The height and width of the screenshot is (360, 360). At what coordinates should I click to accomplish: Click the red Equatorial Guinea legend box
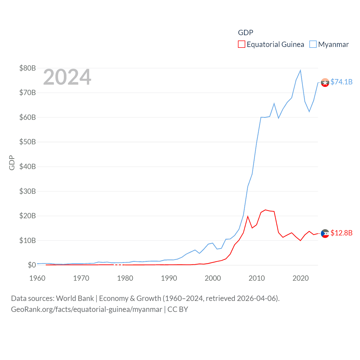tap(241, 44)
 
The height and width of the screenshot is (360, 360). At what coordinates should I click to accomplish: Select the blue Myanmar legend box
tap(313, 44)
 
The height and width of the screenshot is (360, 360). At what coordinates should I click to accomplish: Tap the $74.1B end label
tap(341, 82)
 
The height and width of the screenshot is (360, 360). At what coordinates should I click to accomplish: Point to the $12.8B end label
tap(341, 233)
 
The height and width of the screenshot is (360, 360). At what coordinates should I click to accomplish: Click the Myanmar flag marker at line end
tap(325, 83)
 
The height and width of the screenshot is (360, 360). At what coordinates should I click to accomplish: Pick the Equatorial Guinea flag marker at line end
tap(325, 233)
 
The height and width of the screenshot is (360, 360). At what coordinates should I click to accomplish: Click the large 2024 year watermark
tap(67, 77)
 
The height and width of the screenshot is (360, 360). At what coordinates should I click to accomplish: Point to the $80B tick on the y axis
tap(28, 68)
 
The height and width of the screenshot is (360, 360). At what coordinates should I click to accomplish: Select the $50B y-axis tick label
tap(28, 142)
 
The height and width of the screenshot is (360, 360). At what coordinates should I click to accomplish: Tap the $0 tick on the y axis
tap(31, 265)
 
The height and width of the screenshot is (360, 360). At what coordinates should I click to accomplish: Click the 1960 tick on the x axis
tap(37, 278)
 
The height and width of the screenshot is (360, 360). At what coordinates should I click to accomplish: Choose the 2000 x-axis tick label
tap(213, 278)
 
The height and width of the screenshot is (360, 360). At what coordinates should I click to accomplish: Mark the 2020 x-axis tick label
tap(300, 278)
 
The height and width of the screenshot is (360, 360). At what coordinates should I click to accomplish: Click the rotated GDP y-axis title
tap(12, 163)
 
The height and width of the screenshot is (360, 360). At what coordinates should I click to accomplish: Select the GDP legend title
tap(246, 33)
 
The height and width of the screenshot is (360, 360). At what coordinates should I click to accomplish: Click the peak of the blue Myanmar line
tap(300, 70)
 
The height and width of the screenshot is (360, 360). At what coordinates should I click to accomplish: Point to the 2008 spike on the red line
tap(248, 216)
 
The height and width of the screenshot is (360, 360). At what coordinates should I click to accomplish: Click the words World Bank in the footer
tap(75, 298)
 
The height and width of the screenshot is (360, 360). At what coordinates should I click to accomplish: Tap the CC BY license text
tap(178, 309)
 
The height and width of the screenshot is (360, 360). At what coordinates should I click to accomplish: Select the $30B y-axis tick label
tap(28, 191)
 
